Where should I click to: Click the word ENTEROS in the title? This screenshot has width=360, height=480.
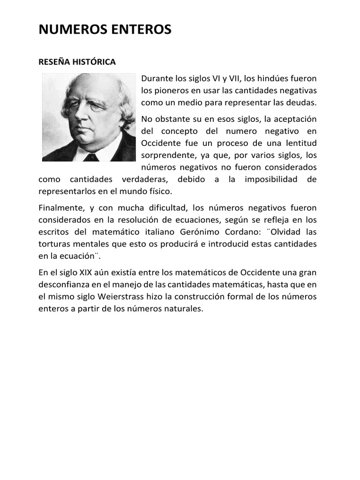point(139,30)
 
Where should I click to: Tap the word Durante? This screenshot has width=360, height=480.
point(157,78)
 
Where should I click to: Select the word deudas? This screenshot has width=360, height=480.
point(302,102)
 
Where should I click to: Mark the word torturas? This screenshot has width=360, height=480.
point(53,244)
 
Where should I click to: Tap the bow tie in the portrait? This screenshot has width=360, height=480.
point(90,157)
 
